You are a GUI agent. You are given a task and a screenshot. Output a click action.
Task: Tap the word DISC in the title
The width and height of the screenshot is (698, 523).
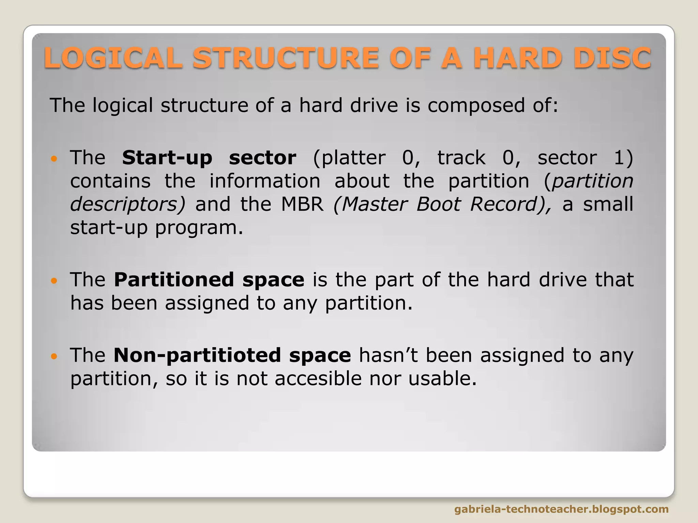point(612,58)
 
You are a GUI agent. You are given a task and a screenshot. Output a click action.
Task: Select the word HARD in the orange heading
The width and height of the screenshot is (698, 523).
point(517,58)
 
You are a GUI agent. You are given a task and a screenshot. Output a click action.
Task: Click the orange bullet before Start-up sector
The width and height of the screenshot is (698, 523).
point(54,159)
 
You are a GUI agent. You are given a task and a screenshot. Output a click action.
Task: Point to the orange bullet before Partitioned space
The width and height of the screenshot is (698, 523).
point(54,281)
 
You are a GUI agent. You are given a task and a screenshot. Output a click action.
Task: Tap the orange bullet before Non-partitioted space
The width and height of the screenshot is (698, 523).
point(54,356)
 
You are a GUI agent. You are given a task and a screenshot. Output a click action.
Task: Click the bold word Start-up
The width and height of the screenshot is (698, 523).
point(167,158)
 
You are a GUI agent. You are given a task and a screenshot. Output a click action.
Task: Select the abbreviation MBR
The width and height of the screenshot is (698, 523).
point(302,204)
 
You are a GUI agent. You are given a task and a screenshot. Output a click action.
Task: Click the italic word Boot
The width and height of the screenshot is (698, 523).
point(438,204)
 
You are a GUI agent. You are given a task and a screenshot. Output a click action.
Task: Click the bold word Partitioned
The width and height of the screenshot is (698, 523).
point(173,280)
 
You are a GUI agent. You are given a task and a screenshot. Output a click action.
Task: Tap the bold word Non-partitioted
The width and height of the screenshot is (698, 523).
point(197,355)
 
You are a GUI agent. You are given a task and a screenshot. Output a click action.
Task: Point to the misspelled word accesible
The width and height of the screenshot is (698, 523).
point(318,379)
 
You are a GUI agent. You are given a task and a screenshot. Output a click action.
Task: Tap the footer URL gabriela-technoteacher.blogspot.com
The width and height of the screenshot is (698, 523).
point(561,509)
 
